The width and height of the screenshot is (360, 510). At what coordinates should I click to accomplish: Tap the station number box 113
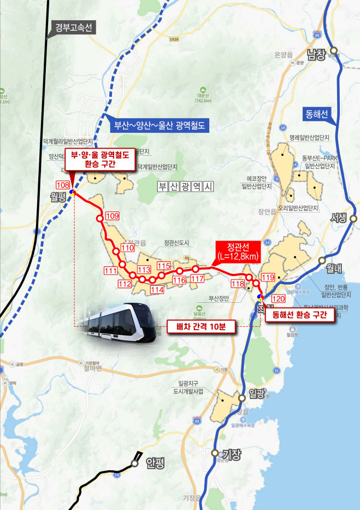tap(144, 270)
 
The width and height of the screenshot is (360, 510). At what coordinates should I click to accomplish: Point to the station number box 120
tap(278, 298)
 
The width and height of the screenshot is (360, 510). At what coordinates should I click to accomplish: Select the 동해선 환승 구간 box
tap(299, 315)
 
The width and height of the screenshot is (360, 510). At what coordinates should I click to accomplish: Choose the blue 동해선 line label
tap(316, 115)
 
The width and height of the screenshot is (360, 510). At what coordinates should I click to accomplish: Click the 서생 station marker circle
tap(353, 218)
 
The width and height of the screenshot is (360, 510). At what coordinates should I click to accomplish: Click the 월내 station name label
tap(334, 268)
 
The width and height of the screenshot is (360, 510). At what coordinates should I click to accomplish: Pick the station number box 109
tap(112, 216)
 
